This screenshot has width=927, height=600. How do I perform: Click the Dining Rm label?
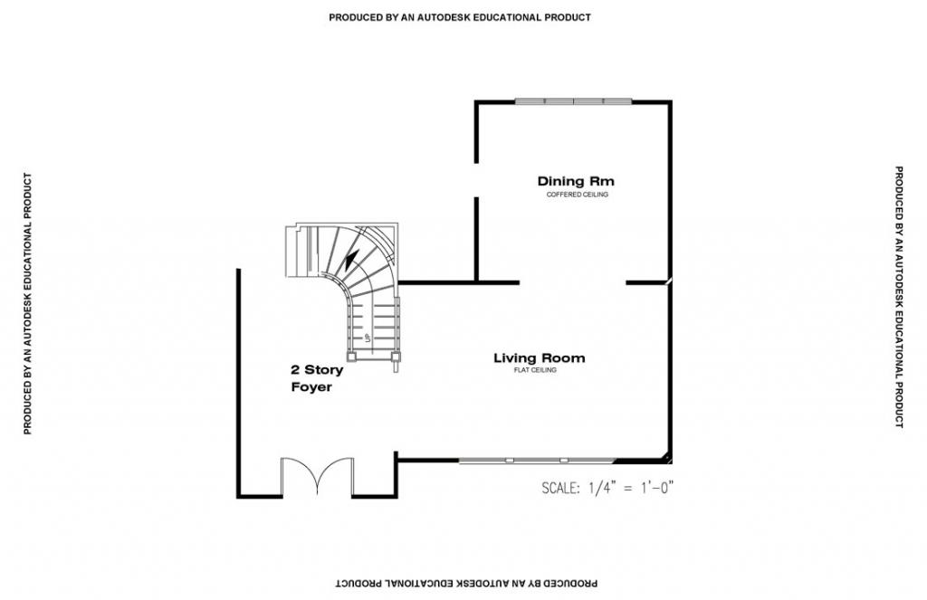click(x=576, y=181)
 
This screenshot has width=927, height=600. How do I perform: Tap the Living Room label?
click(x=540, y=357)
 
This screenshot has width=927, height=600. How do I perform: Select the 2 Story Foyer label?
click(x=317, y=378)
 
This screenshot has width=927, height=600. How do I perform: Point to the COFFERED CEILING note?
click(x=577, y=195)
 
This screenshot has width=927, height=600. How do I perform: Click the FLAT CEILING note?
click(x=535, y=370)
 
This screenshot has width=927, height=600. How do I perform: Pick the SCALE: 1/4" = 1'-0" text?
click(x=607, y=489)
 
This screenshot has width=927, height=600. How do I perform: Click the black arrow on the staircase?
click(x=351, y=259)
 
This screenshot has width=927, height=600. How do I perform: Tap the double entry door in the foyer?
click(x=317, y=476)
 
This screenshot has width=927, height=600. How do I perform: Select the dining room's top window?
click(x=573, y=101)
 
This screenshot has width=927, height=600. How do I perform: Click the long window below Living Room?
click(x=537, y=460)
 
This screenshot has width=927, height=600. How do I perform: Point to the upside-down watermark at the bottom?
click(x=466, y=584)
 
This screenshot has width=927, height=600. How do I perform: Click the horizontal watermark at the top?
click(x=460, y=18)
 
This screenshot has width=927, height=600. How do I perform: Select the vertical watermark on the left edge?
click(x=27, y=304)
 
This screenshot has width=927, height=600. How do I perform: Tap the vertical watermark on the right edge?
click(x=899, y=297)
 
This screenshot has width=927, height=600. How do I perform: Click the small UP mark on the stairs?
click(x=368, y=338)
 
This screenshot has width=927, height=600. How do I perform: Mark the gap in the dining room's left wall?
click(x=476, y=180)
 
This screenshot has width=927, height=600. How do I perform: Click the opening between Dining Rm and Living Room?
click(x=572, y=282)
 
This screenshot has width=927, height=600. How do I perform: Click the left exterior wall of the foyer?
click(x=239, y=383)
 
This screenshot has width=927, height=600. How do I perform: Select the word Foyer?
click(x=311, y=387)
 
